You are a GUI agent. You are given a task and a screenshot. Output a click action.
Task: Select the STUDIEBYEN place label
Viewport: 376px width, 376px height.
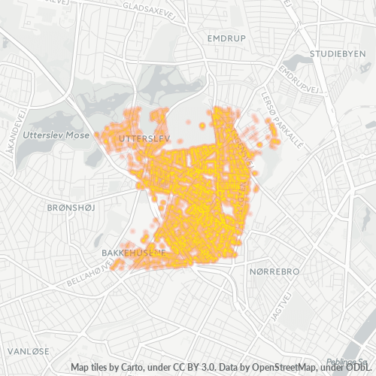[336, 54]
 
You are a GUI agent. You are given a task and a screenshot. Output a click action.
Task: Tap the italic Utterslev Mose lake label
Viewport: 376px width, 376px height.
[56, 135]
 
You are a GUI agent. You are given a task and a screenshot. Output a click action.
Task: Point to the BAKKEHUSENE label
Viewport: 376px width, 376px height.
[133, 253]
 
